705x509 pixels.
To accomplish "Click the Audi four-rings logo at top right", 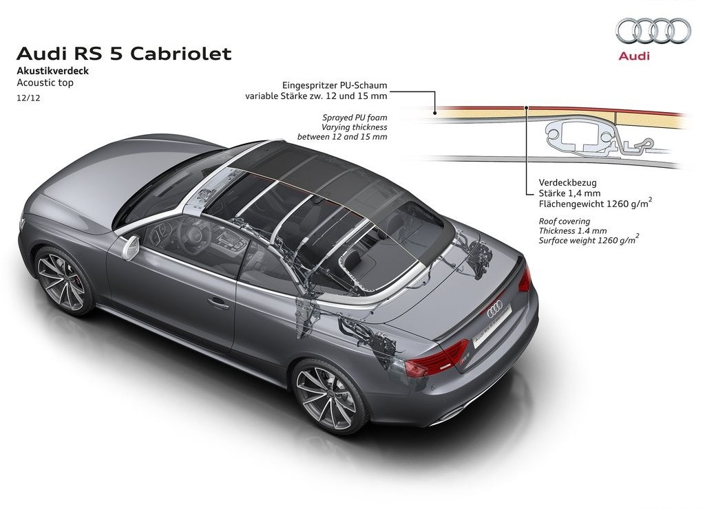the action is point(653,30).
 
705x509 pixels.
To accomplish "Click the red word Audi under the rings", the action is point(634,56).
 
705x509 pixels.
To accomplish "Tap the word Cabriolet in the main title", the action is point(181,54).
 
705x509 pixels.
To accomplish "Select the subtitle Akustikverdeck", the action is point(52,71).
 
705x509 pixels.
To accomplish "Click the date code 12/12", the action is point(28,98).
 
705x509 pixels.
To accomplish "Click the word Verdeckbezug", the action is point(568,183).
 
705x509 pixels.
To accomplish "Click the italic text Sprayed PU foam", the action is point(355,118).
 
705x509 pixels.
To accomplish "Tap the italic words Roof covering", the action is point(565,221).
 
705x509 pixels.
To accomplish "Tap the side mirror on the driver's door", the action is point(131,247).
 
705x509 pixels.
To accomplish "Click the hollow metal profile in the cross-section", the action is point(580,133).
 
